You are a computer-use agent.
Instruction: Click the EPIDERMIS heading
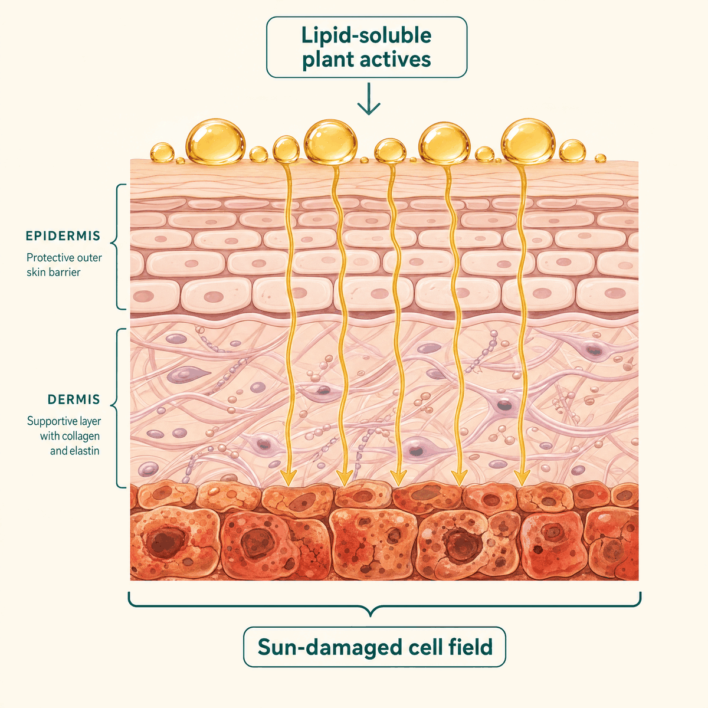(x=63, y=236)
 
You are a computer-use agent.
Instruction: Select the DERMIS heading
(x=74, y=399)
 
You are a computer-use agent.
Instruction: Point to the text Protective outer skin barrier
(x=64, y=265)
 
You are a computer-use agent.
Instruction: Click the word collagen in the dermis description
(x=80, y=437)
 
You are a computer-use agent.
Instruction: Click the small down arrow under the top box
(x=369, y=99)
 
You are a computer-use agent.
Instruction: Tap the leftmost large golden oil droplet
(x=215, y=142)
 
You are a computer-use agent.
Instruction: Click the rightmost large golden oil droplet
(x=528, y=141)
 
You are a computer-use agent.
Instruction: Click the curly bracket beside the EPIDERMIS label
(x=117, y=247)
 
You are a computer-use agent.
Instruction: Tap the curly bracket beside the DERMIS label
(x=117, y=408)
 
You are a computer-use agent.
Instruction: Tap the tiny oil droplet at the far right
(x=600, y=158)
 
